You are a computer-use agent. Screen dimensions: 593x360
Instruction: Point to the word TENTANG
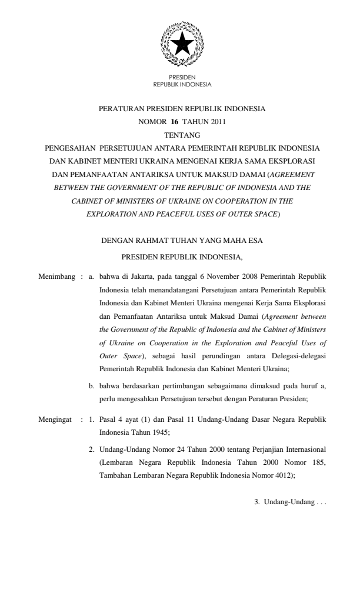click(179, 135)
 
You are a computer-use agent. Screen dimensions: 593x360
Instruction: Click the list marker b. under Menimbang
click(92, 385)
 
